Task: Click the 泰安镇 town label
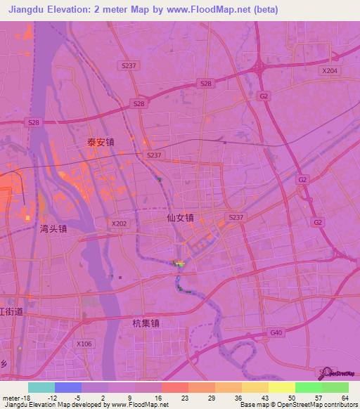(101, 142)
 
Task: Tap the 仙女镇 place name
(180, 218)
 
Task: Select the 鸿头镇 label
(53, 228)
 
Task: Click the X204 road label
(329, 71)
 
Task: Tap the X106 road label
(84, 344)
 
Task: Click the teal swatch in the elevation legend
(41, 387)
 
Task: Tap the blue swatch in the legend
(68, 387)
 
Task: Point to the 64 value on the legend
(344, 397)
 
